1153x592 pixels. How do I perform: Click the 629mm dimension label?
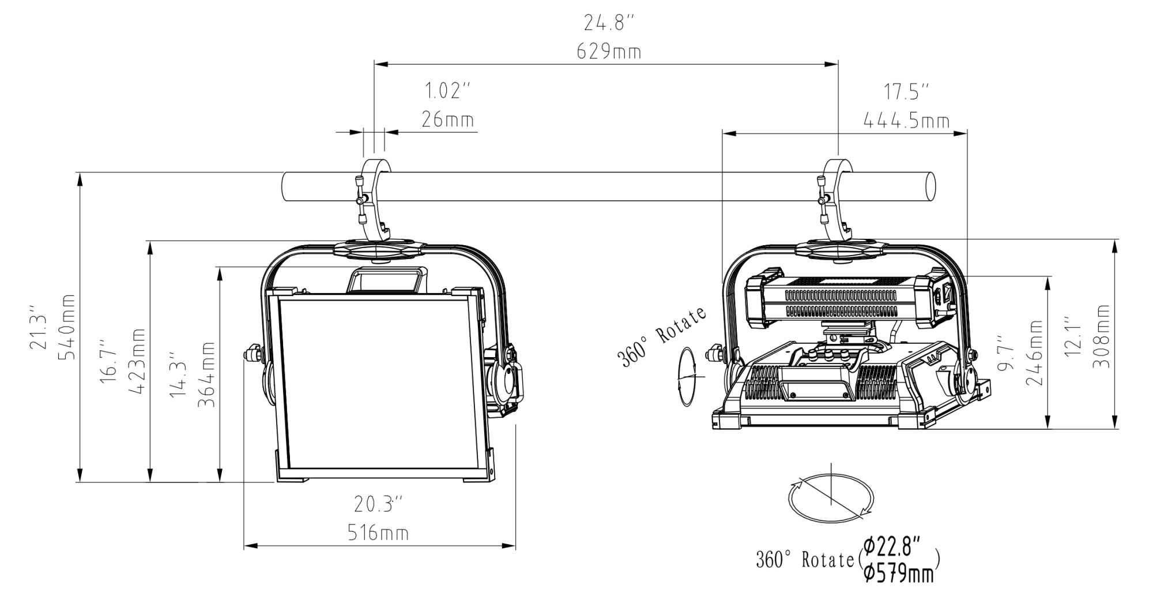pos(609,52)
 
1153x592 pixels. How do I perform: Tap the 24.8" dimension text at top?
pos(609,23)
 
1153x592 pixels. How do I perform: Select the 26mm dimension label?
pos(448,119)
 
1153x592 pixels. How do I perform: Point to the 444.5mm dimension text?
pos(906,121)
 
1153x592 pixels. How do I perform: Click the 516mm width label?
pos(378,533)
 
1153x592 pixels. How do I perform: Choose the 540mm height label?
pos(67,327)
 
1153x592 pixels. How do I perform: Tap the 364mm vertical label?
pos(207,374)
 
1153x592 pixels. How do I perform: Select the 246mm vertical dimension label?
pos(1035,353)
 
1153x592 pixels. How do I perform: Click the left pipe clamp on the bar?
pos(374,199)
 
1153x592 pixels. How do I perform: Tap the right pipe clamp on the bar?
pos(836,199)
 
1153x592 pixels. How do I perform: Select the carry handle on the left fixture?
pos(386,280)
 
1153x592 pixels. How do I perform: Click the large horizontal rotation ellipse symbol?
pos(831,497)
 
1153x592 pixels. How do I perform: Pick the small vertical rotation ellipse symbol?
pos(687,376)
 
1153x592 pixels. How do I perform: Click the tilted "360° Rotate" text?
pos(662,338)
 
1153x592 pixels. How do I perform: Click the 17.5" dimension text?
pos(906,92)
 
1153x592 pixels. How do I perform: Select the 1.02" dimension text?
pos(448,91)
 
